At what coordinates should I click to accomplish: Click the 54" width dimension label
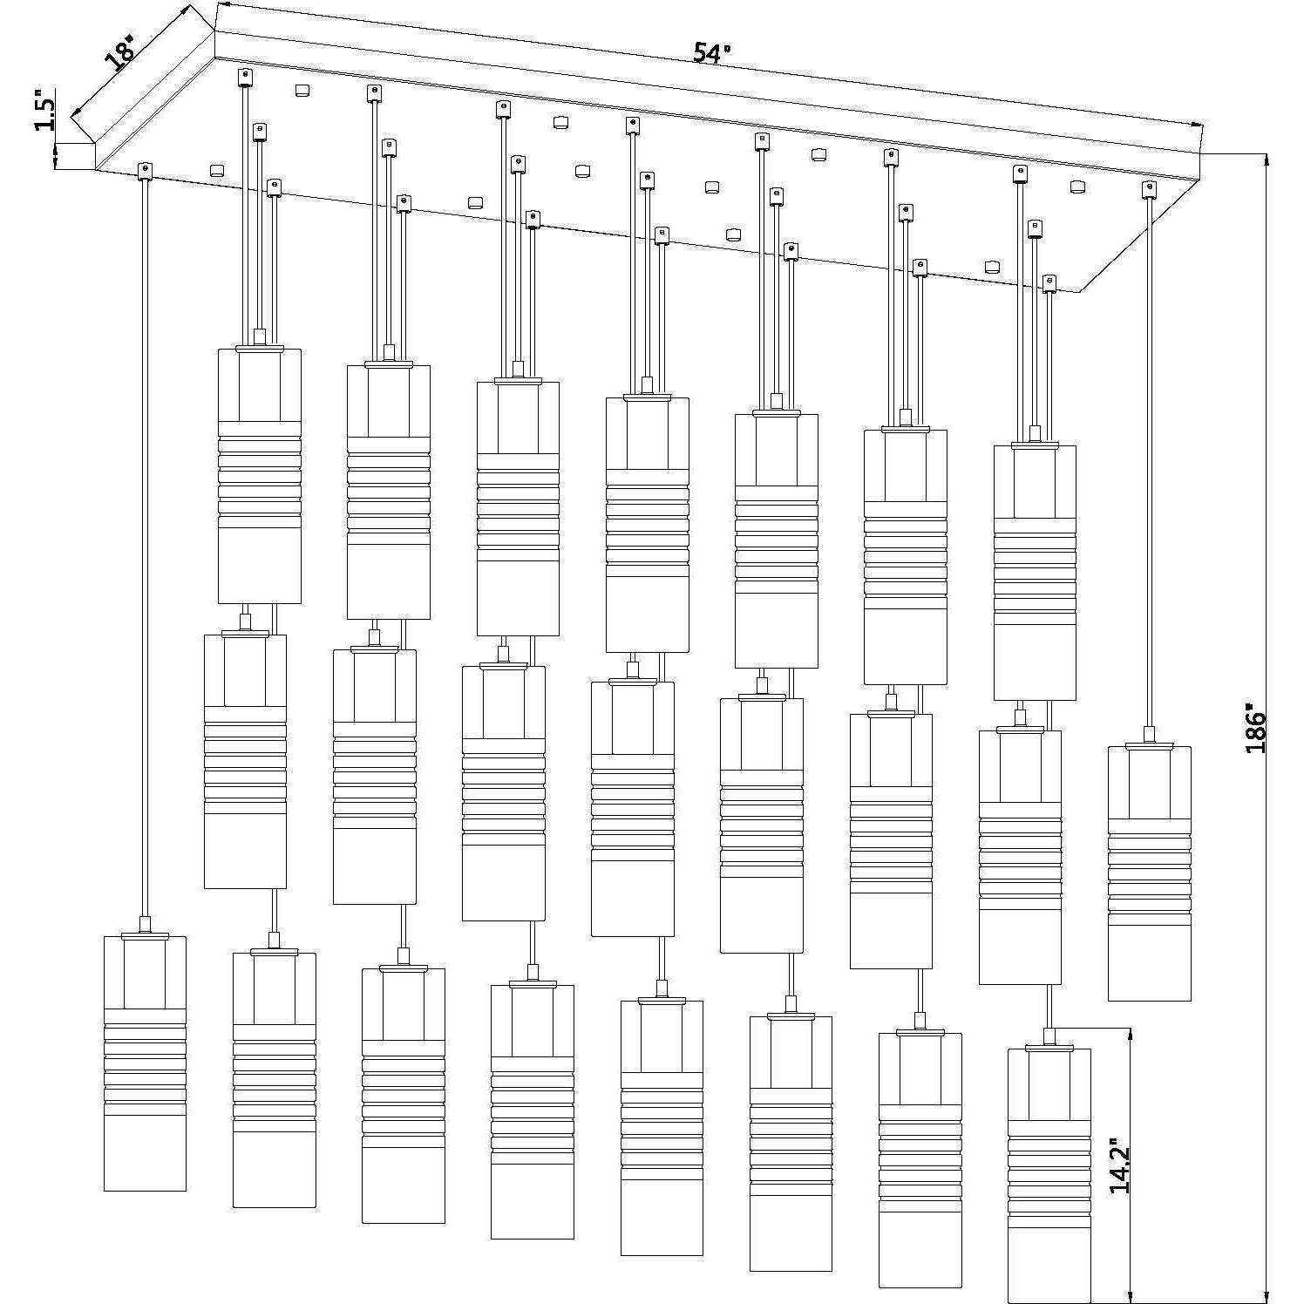pos(711,53)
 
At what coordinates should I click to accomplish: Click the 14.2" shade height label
pos(1120,1164)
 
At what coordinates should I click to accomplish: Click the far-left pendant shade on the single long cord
pos(145,1063)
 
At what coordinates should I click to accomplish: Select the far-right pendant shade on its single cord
pos(1149,873)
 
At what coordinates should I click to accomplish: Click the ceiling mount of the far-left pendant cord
pos(145,170)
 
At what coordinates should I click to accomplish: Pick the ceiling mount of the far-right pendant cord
pos(1150,189)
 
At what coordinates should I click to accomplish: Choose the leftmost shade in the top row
pos(259,475)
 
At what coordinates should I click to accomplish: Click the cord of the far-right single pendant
pos(1150,462)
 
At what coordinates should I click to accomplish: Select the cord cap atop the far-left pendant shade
pos(145,927)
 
